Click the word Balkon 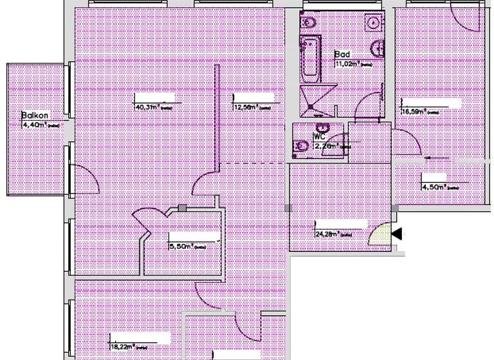32,116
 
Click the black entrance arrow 397,234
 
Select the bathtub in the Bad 309,60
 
